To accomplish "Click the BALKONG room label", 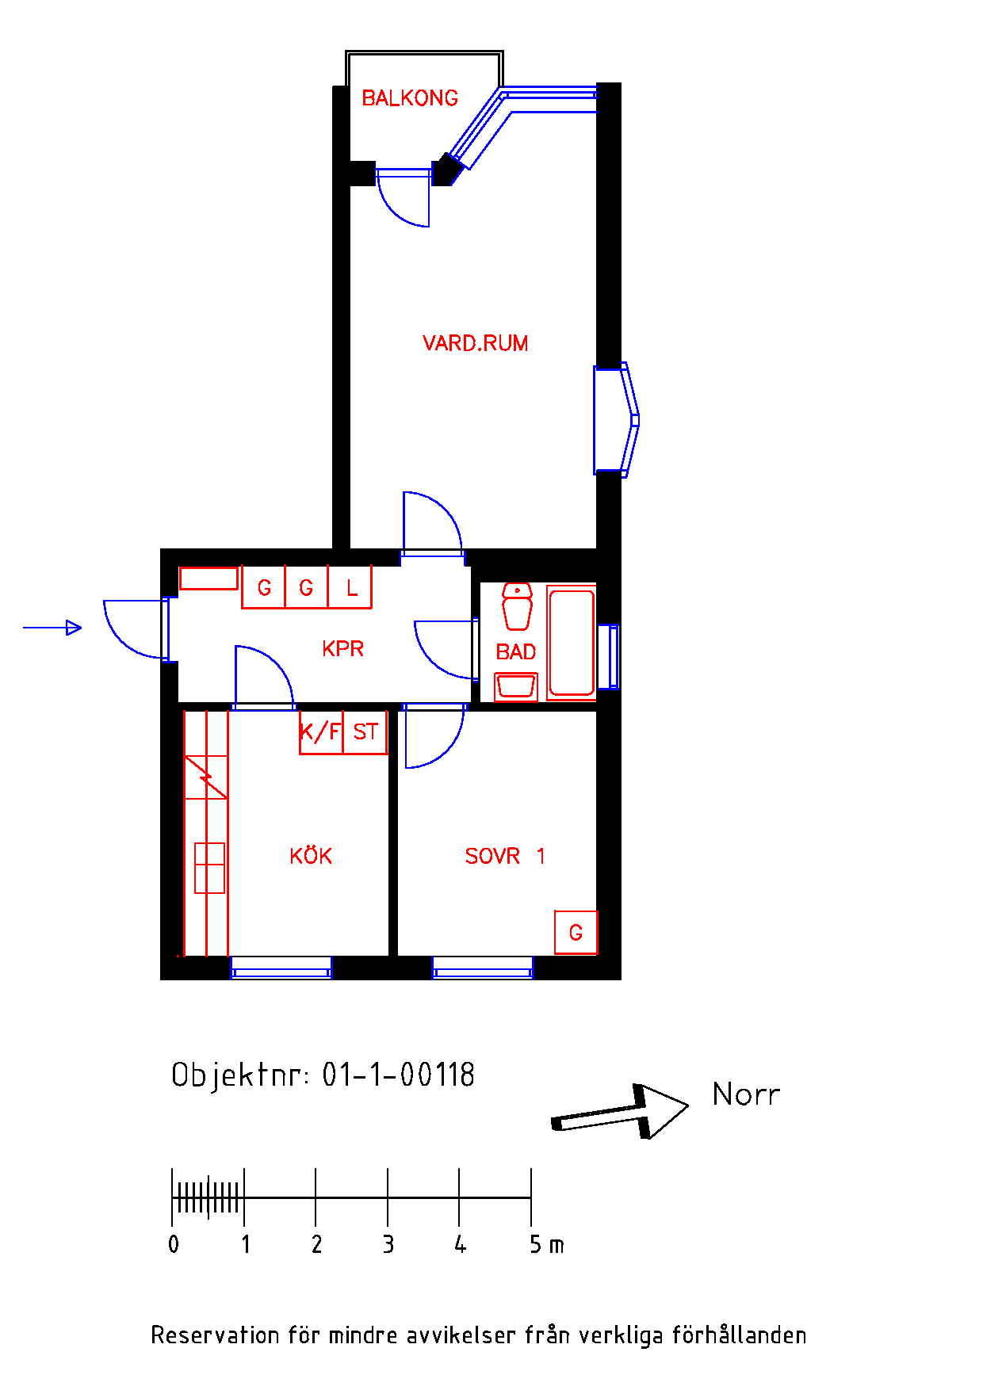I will [x=410, y=98].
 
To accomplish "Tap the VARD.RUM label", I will [x=475, y=343].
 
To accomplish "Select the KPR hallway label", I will [x=342, y=648].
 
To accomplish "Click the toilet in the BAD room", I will [x=517, y=606].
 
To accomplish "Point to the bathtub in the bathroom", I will [x=571, y=642].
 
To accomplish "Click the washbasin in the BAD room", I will [x=516, y=686].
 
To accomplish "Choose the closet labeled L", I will [x=350, y=588].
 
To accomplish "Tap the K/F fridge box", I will [x=320, y=731].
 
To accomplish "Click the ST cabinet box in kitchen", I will [x=365, y=731].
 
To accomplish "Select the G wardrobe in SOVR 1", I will [x=576, y=933].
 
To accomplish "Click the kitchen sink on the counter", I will [x=209, y=868].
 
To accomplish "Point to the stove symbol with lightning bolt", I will [x=206, y=777].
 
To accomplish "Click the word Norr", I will [x=746, y=1094].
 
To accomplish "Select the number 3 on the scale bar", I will [x=388, y=1244].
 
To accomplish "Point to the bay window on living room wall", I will [x=616, y=420].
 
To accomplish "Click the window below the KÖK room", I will [x=281, y=968].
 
